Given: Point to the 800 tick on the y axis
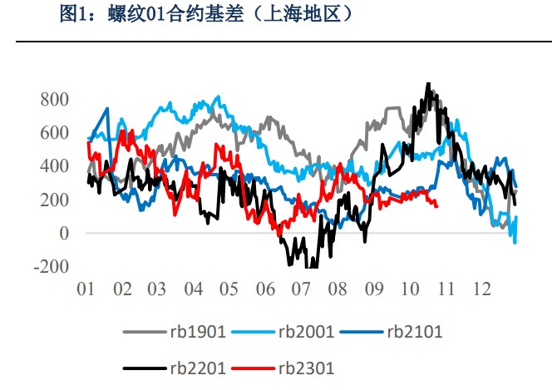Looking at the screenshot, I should click(x=54, y=99).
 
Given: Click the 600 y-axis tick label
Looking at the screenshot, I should click(x=54, y=133).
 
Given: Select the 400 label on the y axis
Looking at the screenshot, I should click(x=54, y=166).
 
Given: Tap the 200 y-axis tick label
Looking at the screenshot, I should click(x=54, y=200).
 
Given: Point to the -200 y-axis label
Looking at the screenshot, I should click(x=51, y=267).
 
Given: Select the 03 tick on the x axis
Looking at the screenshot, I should click(x=157, y=289).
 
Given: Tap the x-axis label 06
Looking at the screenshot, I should click(x=265, y=289).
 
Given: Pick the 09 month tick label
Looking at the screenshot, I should click(x=373, y=289).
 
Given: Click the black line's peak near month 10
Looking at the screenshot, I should click(x=427, y=84).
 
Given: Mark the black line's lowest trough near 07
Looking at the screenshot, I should click(x=309, y=267).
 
